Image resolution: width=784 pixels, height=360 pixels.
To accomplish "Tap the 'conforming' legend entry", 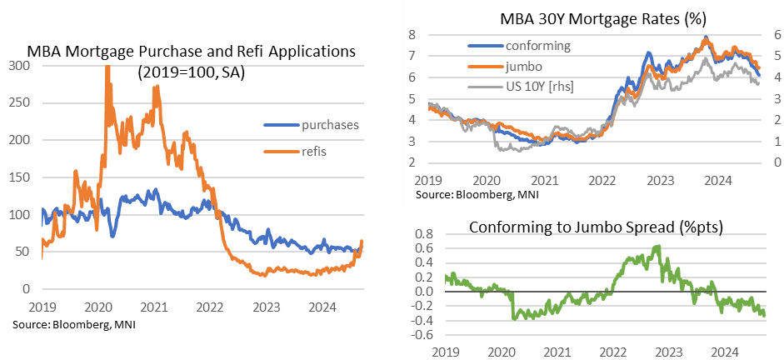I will pos(537,46).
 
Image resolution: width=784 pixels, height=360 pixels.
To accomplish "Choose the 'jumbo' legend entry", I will pos(525,65).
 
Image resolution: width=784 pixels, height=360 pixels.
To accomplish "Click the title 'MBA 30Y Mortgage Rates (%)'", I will pos(592,18).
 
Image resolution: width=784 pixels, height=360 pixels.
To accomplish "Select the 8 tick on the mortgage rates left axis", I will pos(412,34).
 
